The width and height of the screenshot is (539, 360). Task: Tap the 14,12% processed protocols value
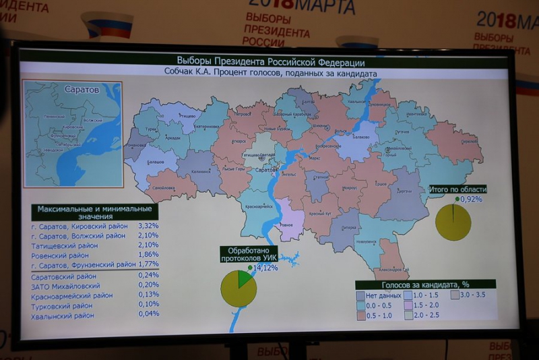(264, 268)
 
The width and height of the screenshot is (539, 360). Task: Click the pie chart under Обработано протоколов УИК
(239, 289)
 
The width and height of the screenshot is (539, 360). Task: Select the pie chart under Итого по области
(453, 222)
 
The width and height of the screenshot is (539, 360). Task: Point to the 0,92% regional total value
(471, 199)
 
